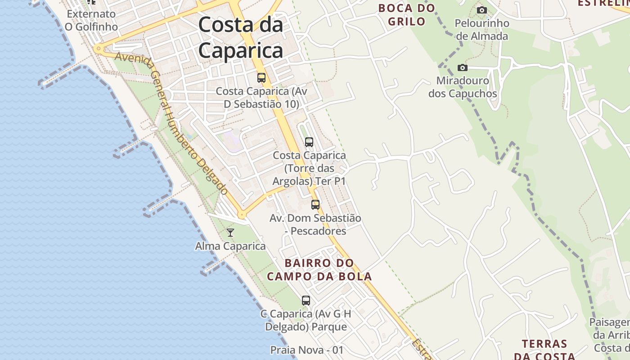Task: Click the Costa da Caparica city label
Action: (241, 37)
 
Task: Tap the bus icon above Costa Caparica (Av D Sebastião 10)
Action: (261, 77)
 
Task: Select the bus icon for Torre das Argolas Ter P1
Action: (309, 142)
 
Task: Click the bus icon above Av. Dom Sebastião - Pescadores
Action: (315, 205)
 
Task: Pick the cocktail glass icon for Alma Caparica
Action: (230, 233)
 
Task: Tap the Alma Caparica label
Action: (230, 246)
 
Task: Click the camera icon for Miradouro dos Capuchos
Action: (462, 68)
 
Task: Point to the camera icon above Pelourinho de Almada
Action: (481, 10)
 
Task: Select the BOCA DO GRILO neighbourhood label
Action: (406, 14)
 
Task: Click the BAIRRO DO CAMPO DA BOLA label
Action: (319, 270)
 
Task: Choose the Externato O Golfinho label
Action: (91, 20)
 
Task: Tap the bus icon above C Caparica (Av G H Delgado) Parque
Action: (306, 300)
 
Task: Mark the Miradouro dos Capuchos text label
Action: (463, 87)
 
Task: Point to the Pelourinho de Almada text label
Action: (482, 29)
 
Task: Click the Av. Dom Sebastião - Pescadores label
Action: (315, 225)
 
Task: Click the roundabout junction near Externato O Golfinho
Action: (98, 48)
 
